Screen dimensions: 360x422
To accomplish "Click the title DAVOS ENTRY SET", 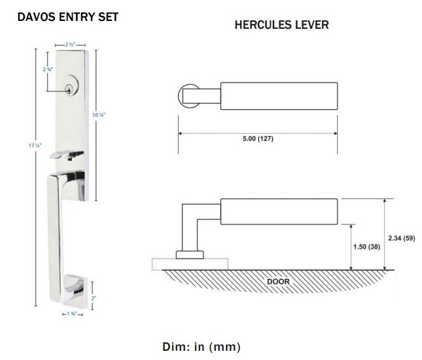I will (x=67, y=17).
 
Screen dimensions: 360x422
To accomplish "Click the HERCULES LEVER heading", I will (x=281, y=26).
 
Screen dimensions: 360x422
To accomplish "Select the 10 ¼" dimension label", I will (x=98, y=115).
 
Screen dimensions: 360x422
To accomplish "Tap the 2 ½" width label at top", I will (x=71, y=44).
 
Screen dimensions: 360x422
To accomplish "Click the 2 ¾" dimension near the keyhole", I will (x=48, y=69).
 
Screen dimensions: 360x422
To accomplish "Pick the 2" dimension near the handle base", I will (x=93, y=298).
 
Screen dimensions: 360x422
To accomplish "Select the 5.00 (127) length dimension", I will (x=258, y=139).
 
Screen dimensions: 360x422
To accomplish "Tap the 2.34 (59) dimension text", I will (x=400, y=238).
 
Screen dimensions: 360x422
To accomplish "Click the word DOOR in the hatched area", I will (x=278, y=281).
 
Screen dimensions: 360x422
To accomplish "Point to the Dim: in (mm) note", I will (x=201, y=346).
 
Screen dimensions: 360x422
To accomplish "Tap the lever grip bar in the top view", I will (x=278, y=96).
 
